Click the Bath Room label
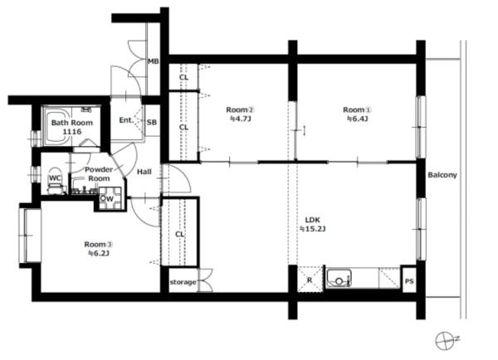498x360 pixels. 72,127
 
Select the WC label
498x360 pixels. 55,178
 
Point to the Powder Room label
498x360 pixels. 99,174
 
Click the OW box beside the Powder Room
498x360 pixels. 110,199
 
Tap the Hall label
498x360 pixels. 144,172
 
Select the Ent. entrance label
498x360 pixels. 126,120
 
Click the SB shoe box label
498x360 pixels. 152,122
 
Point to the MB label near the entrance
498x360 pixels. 154,61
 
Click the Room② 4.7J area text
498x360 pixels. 241,114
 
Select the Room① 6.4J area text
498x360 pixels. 357,114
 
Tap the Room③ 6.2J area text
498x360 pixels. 99,249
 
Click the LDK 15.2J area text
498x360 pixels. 313,224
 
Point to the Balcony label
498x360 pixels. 442,175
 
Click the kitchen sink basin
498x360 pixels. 339,278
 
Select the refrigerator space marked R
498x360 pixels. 310,280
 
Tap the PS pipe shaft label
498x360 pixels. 410,281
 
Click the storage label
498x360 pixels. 183,282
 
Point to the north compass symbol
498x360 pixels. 445,341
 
